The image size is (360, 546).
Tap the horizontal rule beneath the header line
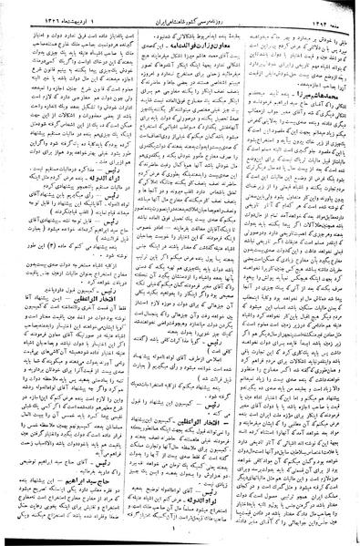(180, 19)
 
